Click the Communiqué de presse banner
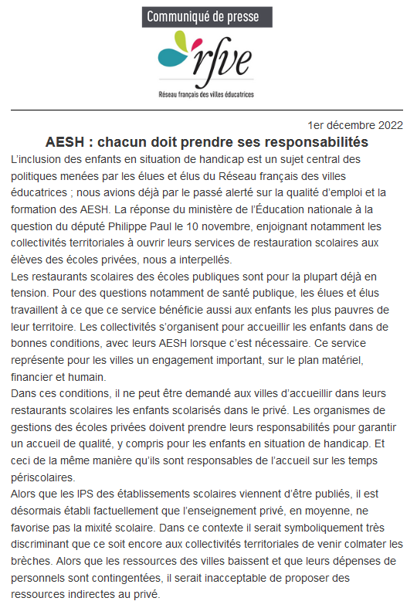tap(208, 16)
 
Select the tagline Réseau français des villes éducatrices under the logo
tap(208, 94)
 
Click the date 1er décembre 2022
tap(354, 125)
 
